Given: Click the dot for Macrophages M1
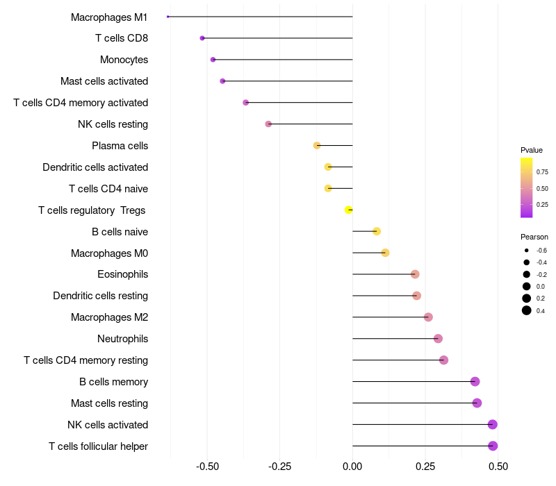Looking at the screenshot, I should click(168, 17).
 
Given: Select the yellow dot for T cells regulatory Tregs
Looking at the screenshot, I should click(349, 210).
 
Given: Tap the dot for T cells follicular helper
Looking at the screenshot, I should click(493, 446).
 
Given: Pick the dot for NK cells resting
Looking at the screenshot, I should click(268, 124).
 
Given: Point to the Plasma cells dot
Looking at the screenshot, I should click(317, 146).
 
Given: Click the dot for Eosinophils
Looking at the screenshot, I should click(415, 274).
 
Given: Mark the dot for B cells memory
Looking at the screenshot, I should click(475, 381).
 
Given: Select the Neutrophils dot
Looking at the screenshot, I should click(438, 339).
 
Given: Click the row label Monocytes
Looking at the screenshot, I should click(124, 60).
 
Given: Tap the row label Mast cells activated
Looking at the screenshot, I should click(104, 81).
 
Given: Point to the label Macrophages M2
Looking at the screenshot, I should click(109, 317).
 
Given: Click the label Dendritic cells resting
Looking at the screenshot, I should click(101, 296).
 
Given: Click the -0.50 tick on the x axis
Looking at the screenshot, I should click(207, 467).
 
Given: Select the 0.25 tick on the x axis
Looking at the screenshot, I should click(425, 467).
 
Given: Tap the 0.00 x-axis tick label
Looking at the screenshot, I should click(352, 467).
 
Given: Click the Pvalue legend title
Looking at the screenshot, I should click(532, 150).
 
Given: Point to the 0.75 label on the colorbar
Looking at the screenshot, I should click(542, 172).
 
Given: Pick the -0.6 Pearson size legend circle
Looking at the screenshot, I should click(527, 251).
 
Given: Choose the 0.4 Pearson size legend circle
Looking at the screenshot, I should click(527, 310).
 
